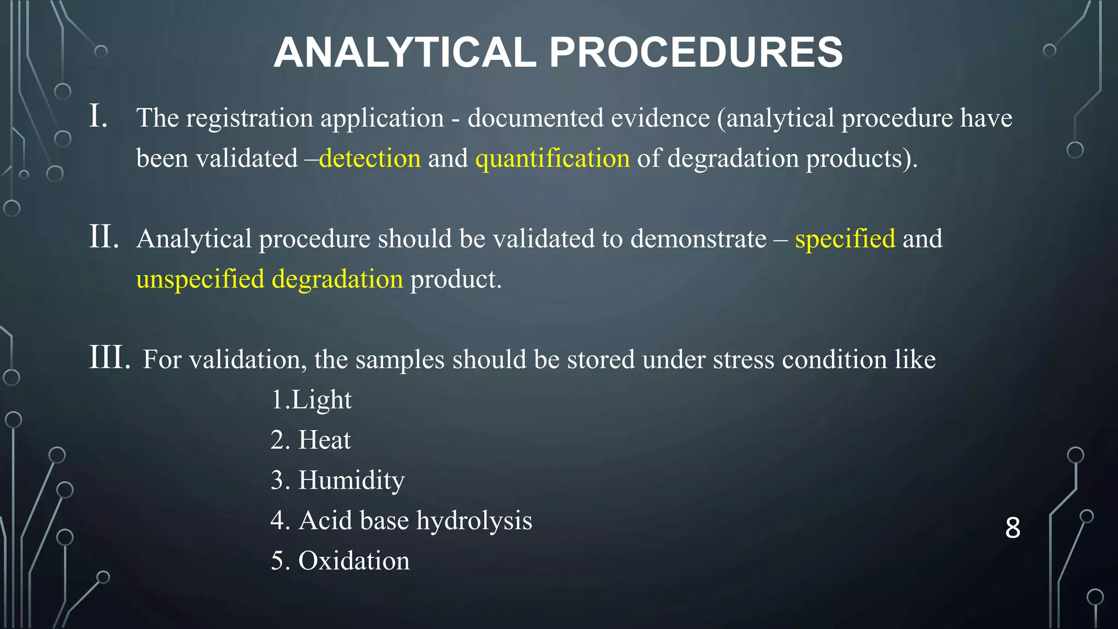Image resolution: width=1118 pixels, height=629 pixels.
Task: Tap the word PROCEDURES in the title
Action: (x=696, y=52)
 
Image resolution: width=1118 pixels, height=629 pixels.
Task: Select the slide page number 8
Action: (x=1013, y=527)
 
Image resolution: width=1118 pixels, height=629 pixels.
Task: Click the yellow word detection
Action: (x=370, y=158)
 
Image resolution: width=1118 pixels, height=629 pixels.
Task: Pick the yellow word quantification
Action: (x=552, y=158)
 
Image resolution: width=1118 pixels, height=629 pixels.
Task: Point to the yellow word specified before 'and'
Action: (x=845, y=239)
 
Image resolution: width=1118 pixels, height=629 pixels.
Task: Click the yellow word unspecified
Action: (x=200, y=279)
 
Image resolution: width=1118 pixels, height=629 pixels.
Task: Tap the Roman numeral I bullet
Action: (x=98, y=117)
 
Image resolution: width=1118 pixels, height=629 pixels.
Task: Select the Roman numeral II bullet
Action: (x=104, y=238)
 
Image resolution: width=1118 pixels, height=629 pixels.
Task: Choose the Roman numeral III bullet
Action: (x=110, y=358)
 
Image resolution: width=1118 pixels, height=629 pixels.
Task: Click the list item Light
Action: (x=322, y=400)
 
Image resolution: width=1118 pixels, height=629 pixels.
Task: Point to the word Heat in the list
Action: (x=324, y=440)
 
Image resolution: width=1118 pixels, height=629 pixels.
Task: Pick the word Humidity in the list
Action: (x=351, y=480)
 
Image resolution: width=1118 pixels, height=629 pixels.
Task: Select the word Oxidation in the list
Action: (x=354, y=561)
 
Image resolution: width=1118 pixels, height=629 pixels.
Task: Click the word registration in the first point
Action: (x=249, y=118)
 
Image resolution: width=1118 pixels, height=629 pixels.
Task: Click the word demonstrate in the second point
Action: (x=698, y=239)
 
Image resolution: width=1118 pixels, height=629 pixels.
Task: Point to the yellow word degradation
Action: (x=337, y=279)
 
